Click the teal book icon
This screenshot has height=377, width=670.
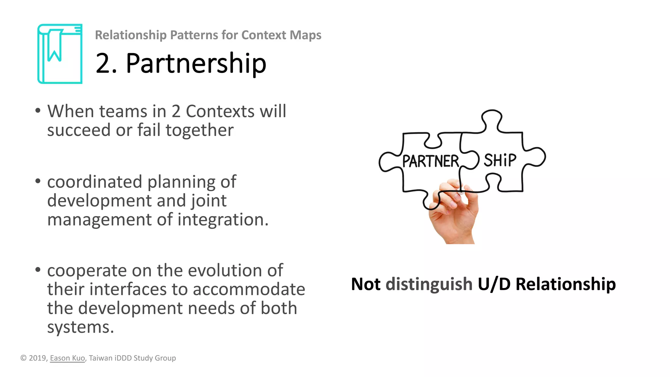click(60, 54)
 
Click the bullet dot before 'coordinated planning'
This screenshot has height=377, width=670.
click(38, 181)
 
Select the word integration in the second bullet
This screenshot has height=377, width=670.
click(223, 220)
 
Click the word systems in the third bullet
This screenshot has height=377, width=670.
click(80, 327)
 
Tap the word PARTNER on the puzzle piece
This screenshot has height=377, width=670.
click(430, 161)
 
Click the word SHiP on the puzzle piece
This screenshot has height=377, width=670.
click(500, 160)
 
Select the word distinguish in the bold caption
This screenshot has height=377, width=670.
click(429, 284)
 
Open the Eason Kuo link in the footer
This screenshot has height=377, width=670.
click(67, 358)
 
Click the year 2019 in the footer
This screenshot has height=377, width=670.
click(37, 358)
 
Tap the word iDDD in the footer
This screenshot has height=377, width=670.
click(123, 358)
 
